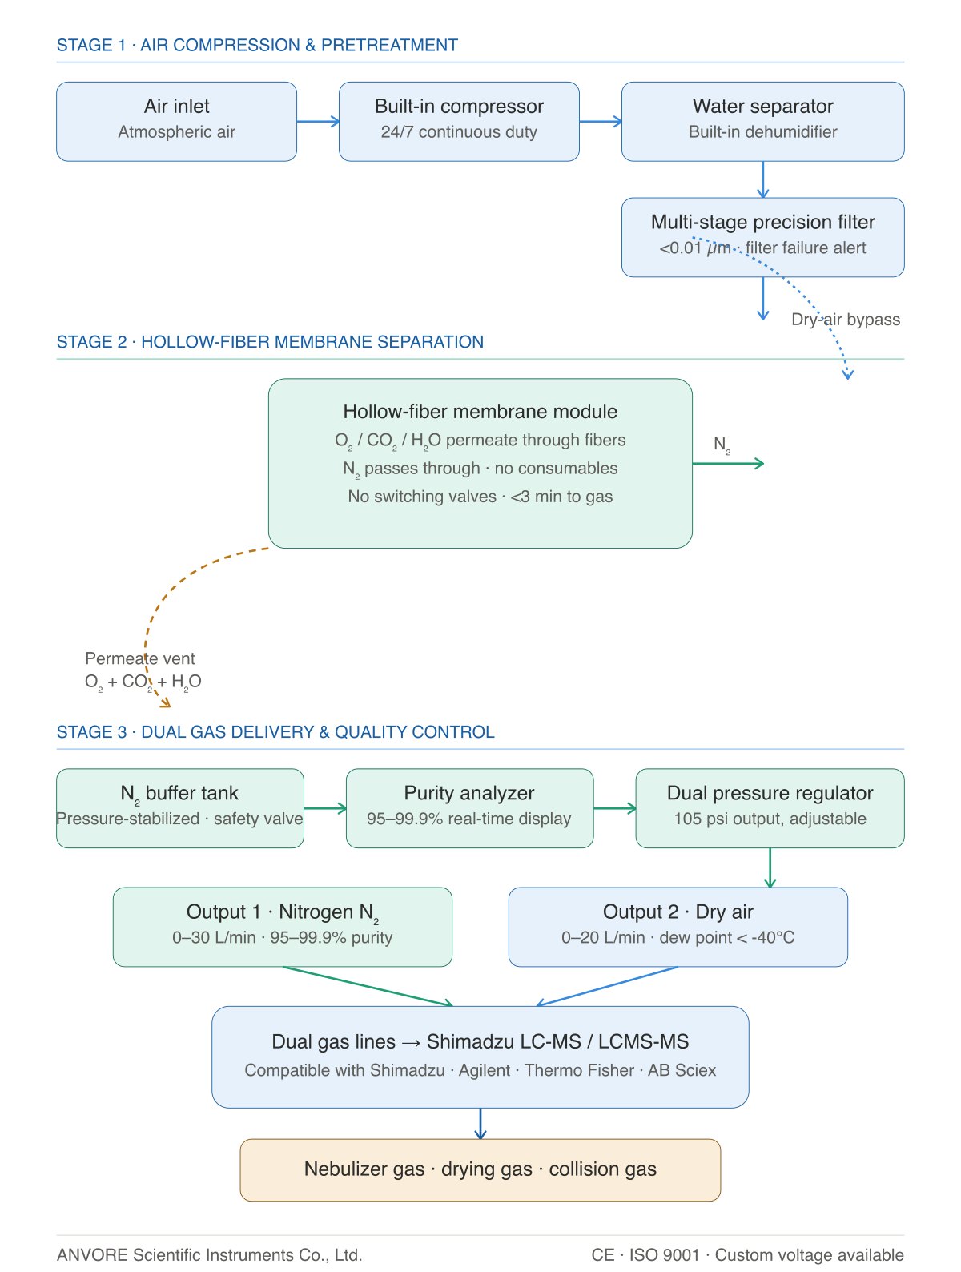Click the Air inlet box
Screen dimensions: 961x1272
click(176, 121)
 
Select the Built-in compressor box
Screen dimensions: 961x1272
click(459, 121)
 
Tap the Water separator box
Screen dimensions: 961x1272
click(762, 121)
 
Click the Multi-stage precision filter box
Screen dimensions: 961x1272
click(762, 237)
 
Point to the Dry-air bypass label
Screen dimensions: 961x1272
click(845, 320)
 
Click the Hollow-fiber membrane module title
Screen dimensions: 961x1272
click(480, 411)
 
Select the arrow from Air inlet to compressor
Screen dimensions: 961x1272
click(318, 121)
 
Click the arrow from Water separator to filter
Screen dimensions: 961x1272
click(763, 179)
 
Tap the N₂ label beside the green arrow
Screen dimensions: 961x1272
click(722, 445)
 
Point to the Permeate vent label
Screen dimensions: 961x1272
click(139, 658)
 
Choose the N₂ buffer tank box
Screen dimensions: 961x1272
click(179, 808)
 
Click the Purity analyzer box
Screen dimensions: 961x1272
click(469, 808)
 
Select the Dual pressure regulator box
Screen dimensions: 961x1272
click(770, 808)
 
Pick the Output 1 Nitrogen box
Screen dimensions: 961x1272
click(282, 927)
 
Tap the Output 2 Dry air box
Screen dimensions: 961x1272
click(678, 927)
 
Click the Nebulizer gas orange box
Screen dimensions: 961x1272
click(480, 1169)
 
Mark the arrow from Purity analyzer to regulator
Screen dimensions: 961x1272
click(614, 808)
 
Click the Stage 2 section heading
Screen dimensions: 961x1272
click(270, 341)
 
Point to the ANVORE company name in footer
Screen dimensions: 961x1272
click(209, 1254)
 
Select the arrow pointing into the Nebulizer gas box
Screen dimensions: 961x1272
click(480, 1124)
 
